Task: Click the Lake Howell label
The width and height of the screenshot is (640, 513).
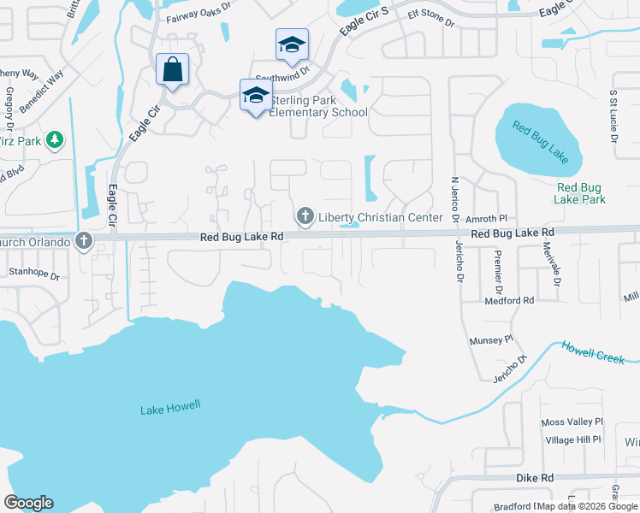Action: [170, 408]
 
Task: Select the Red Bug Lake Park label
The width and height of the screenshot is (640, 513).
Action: [580, 193]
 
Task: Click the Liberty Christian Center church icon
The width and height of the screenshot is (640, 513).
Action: [305, 216]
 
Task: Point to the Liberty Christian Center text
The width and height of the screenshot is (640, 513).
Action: [381, 217]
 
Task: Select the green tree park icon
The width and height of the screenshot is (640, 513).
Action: [55, 139]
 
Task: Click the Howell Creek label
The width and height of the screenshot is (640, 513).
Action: [593, 351]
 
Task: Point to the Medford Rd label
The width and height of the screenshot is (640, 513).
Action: [508, 300]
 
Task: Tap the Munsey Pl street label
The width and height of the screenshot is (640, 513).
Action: [490, 340]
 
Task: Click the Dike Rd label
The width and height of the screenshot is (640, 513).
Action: [534, 477]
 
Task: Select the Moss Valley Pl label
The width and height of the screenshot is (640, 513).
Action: [572, 422]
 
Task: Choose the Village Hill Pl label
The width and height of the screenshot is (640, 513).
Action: [572, 439]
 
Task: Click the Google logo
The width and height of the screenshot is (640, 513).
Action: [29, 503]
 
